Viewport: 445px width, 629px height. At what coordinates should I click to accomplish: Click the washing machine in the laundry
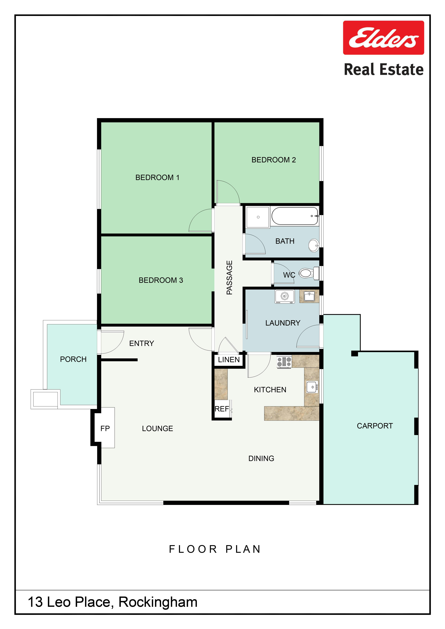pos(285,296)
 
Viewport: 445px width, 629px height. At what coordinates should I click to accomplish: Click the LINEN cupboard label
pos(229,360)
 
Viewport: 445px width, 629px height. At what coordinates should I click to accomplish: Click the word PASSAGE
pos(229,277)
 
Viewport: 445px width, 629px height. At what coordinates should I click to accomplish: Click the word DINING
pos(261,458)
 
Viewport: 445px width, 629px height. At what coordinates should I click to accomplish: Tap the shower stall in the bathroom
pos(258,217)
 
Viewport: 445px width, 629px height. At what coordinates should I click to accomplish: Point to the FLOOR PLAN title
pos(215,549)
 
